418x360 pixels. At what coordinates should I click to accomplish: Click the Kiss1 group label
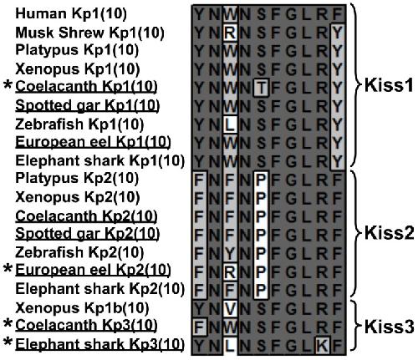389,85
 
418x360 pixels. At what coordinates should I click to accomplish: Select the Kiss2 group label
390,233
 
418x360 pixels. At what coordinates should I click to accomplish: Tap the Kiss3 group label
390,327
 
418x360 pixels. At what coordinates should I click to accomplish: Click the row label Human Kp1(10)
71,13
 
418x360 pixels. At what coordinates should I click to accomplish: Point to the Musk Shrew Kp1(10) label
89,33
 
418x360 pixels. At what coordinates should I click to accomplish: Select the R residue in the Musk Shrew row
230,33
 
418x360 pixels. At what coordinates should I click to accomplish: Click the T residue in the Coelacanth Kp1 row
261,89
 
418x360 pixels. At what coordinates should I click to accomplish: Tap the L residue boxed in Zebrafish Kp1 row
230,125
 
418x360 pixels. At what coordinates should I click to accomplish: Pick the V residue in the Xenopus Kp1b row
230,309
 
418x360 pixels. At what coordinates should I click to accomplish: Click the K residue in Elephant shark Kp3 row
323,346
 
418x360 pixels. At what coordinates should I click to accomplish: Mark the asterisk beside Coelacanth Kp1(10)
8,84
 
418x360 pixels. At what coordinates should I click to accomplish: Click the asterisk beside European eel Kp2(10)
8,268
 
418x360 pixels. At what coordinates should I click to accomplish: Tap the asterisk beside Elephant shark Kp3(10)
8,342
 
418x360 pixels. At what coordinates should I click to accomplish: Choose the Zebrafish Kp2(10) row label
79,252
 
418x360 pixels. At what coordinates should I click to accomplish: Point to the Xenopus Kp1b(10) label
82,308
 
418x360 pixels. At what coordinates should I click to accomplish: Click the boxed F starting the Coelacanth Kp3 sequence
199,327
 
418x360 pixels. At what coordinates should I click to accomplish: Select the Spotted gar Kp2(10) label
88,233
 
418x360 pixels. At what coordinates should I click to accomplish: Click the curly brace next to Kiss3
355,326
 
